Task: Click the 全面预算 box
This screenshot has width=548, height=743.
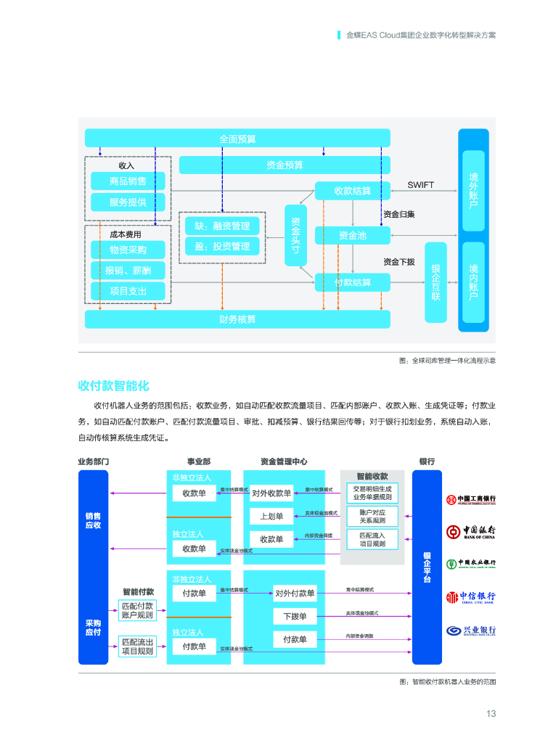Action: click(x=237, y=138)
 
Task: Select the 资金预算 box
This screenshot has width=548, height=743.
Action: click(x=284, y=165)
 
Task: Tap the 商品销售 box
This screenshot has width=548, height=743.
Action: click(x=128, y=181)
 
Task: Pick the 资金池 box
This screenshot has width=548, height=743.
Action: click(x=352, y=235)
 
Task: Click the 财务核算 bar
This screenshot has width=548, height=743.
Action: click(x=237, y=319)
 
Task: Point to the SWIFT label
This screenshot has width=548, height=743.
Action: click(x=420, y=185)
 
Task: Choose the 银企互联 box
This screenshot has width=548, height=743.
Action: click(x=435, y=282)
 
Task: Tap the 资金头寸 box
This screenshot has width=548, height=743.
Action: click(x=295, y=235)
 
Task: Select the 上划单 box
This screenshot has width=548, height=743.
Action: click(x=271, y=516)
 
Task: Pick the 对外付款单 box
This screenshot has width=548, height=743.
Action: click(x=295, y=593)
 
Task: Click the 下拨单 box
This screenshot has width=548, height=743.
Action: click(x=295, y=616)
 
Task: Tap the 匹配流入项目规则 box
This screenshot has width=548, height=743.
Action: click(x=372, y=539)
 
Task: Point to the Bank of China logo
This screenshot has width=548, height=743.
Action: click(x=472, y=532)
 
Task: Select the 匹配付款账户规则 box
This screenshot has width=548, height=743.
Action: click(x=137, y=610)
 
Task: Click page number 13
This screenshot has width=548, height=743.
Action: click(x=491, y=713)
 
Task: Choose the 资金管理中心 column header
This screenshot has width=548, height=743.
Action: click(x=284, y=461)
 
